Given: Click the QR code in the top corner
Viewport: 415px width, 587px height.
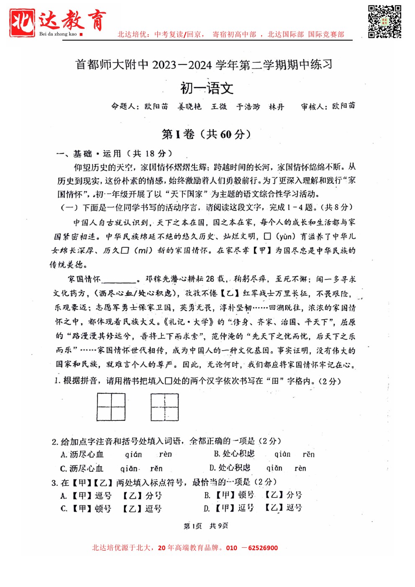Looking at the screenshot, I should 384,22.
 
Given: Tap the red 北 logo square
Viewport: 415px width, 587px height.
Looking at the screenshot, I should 22,22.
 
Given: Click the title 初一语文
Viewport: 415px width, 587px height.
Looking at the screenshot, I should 207,88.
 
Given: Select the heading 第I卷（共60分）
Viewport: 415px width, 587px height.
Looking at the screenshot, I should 207,134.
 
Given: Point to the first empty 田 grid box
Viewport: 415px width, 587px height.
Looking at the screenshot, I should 111,407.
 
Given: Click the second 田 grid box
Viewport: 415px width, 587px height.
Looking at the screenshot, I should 165,407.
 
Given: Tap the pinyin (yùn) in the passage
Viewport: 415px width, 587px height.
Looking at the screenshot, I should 285,236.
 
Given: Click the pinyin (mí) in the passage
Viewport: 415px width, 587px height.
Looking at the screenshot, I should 142,251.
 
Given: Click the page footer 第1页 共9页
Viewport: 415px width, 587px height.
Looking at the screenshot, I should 206,526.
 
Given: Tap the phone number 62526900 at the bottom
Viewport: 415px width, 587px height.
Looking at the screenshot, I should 263,548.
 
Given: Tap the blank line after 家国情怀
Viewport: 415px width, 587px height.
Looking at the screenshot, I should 119,280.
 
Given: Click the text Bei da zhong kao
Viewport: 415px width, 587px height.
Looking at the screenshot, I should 58,34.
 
